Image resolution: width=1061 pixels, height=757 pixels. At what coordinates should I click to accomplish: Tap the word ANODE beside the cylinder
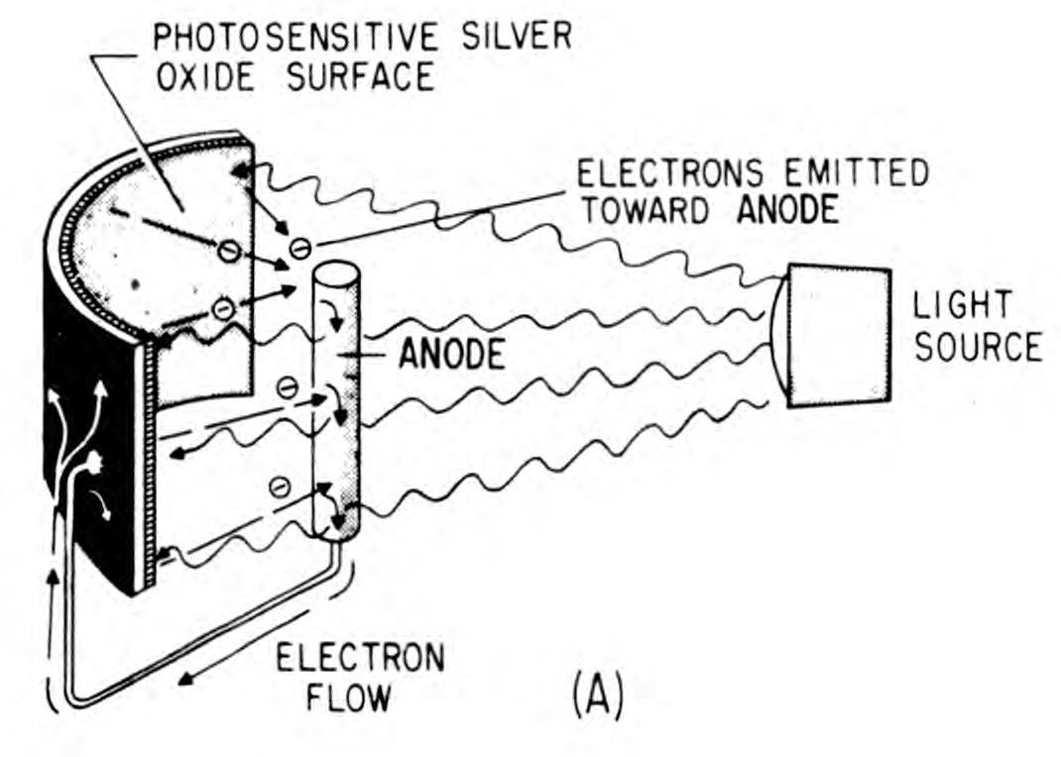pyautogui.click(x=451, y=355)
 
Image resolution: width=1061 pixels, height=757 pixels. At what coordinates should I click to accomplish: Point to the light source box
pyautogui.click(x=839, y=336)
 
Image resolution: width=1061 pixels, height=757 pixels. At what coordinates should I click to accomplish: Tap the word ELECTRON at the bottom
pyautogui.click(x=360, y=658)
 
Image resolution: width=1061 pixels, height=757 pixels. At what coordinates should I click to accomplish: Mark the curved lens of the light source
pyautogui.click(x=778, y=337)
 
